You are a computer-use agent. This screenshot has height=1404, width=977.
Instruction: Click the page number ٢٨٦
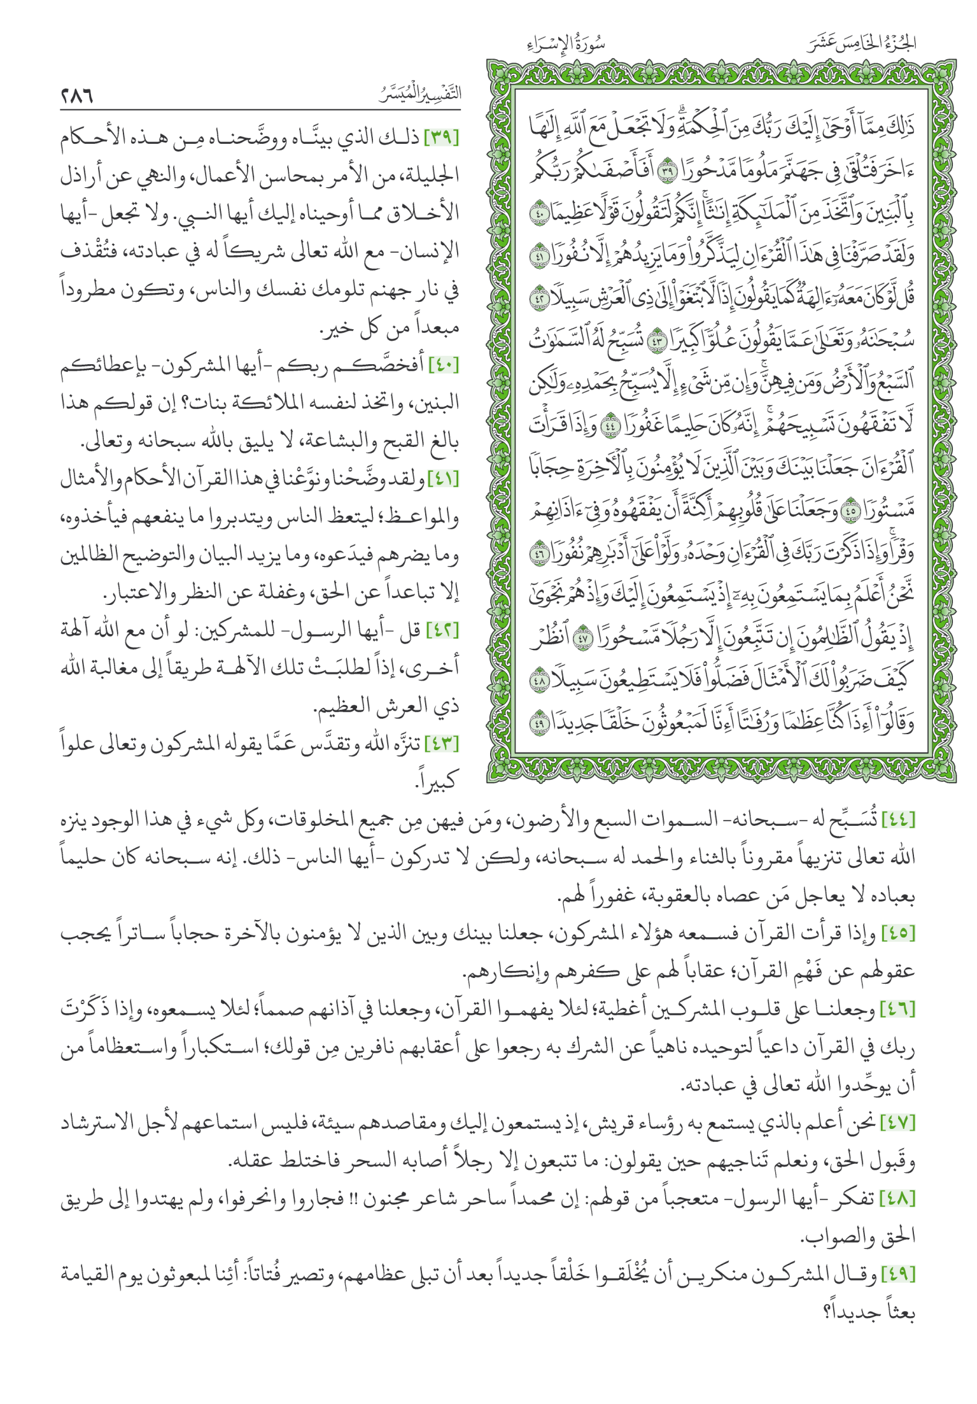tap(78, 96)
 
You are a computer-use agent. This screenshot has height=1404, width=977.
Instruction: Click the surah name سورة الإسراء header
tap(566, 45)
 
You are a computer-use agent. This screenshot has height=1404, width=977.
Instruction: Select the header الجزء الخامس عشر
tap(862, 43)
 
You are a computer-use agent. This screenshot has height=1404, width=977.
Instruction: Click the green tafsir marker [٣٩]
tap(441, 138)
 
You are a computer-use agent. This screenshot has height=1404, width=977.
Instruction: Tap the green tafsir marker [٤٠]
tap(443, 365)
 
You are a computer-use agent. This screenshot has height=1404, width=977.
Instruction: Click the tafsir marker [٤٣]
tap(443, 743)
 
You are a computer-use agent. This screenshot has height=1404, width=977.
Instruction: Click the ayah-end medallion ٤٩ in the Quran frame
tap(540, 723)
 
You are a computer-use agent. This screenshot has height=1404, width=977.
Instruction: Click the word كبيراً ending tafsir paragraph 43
tap(437, 781)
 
